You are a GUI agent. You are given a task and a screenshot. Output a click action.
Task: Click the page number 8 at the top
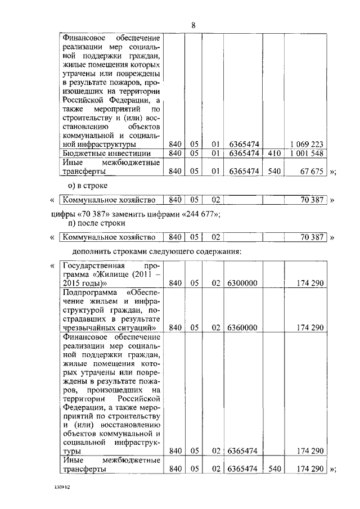click(x=193, y=25)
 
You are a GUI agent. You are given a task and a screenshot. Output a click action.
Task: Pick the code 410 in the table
click(x=274, y=153)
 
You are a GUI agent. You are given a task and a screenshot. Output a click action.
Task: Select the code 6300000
click(x=242, y=283)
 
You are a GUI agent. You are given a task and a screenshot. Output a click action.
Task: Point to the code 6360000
click(x=242, y=327)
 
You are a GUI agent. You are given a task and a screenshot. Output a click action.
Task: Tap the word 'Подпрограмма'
click(x=88, y=292)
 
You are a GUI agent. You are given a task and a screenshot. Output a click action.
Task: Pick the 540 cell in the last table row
click(x=274, y=469)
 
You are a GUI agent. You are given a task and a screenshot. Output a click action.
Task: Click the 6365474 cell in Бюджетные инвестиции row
click(x=242, y=153)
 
